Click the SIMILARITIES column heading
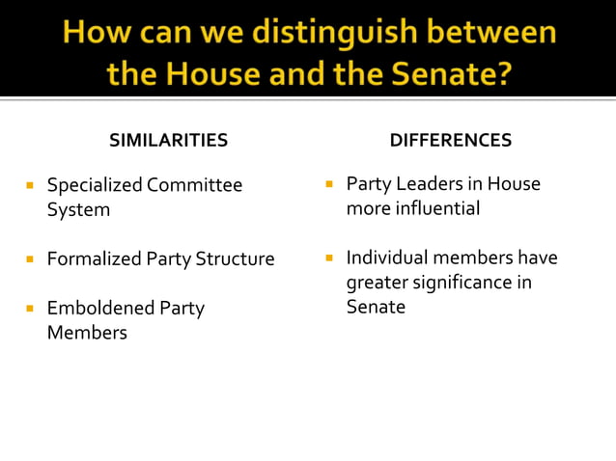tap(168, 141)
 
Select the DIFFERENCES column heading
tap(450, 141)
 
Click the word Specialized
tap(95, 184)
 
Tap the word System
tap(78, 209)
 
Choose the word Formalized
tap(95, 258)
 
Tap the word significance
tap(470, 283)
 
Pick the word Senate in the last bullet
tap(376, 308)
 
